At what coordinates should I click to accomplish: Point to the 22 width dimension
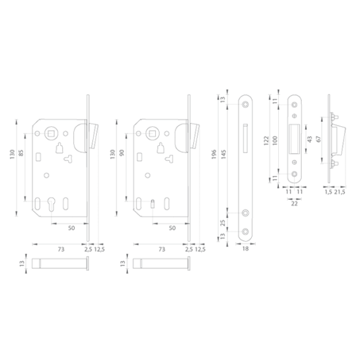294,204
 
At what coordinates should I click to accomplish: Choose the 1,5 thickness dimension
327,194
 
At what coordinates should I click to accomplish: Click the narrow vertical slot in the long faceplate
245,139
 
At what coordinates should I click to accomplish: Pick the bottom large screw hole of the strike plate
294,173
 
